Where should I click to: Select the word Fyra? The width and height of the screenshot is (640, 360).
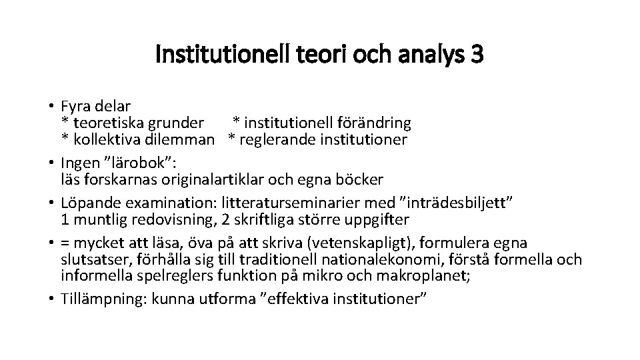click(75, 106)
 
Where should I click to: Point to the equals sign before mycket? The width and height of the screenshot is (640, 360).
click(65, 243)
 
